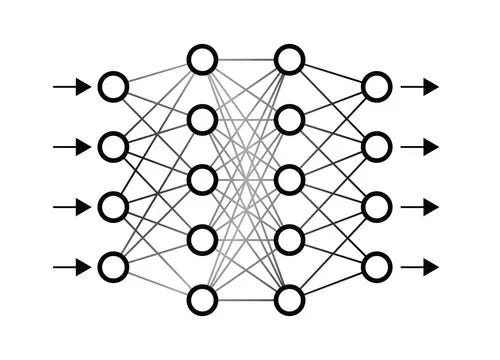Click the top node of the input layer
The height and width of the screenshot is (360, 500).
113,87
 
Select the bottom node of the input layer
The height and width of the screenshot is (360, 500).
113,267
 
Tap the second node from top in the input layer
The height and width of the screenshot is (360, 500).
113,147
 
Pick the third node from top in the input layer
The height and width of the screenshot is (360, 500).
113,207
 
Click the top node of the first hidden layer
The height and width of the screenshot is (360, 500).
202,60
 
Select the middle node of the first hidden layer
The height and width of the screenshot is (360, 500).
202,180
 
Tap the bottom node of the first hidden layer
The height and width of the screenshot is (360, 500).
202,299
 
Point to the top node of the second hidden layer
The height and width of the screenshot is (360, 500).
289,60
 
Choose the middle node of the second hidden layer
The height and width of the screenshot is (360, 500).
289,180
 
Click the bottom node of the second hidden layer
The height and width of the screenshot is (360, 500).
289,299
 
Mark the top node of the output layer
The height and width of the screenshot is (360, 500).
376,87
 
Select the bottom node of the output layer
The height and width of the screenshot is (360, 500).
376,267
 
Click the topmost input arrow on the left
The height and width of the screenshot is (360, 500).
70,87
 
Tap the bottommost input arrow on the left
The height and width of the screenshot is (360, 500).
70,267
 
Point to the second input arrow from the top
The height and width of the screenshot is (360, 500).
70,147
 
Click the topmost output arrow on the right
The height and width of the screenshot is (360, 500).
419,87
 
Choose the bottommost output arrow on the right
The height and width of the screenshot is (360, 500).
419,267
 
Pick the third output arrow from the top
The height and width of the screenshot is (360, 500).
419,207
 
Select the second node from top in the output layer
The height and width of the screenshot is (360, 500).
376,147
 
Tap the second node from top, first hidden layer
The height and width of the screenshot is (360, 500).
202,120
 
